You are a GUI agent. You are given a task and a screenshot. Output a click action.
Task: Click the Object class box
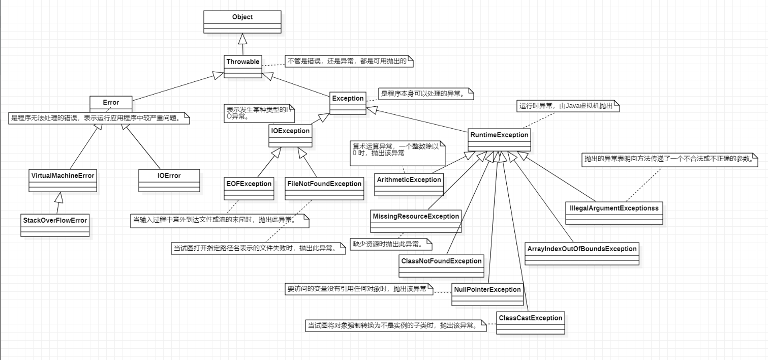(x=242, y=21)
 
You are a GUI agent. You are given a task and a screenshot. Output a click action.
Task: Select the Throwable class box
(x=242, y=67)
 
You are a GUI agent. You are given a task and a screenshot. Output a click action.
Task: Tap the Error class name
(x=111, y=102)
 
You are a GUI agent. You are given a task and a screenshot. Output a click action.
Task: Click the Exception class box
(x=348, y=103)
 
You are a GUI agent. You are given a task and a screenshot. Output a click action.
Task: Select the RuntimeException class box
(x=499, y=140)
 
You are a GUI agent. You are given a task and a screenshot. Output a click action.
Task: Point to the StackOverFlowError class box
(x=55, y=225)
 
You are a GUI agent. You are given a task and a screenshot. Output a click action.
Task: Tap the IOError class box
(x=169, y=181)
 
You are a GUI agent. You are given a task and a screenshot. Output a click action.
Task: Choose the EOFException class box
(x=249, y=189)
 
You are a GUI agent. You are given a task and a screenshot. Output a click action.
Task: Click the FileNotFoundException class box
(x=324, y=189)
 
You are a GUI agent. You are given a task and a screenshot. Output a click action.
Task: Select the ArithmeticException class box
(x=409, y=185)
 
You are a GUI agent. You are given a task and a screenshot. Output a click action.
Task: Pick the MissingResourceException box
(x=416, y=221)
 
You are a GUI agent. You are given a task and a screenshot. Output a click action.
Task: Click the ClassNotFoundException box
(x=441, y=266)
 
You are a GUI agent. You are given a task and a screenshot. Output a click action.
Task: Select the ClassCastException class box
(x=530, y=323)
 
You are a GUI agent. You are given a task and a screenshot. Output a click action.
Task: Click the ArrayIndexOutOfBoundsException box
(x=581, y=254)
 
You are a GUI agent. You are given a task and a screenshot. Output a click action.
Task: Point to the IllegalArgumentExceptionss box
(x=615, y=213)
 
